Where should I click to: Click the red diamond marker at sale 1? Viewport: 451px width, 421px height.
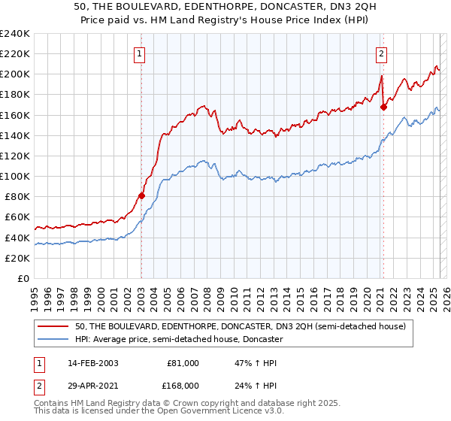(x=141, y=195)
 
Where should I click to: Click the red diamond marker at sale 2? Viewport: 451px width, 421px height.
(x=383, y=107)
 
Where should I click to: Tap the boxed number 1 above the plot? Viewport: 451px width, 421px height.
(x=141, y=53)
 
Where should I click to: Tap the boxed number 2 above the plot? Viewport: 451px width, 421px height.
(x=382, y=53)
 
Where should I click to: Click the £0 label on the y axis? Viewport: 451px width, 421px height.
(x=23, y=278)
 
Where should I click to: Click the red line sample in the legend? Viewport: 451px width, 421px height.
(x=54, y=327)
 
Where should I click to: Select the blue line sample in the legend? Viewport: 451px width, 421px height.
(x=54, y=340)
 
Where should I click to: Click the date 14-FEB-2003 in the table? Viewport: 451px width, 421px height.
(x=91, y=363)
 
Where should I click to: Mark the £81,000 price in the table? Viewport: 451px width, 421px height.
(x=183, y=363)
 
